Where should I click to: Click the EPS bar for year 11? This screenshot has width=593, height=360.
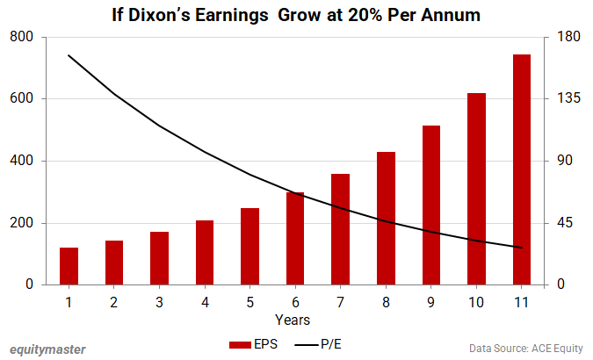(522, 169)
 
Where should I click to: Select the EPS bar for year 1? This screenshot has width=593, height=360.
(69, 266)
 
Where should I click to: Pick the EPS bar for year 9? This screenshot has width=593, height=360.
(431, 205)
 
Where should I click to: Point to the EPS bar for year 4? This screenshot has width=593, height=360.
(205, 252)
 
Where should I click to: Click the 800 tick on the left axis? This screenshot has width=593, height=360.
(23, 37)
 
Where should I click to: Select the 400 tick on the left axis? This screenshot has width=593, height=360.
(23, 161)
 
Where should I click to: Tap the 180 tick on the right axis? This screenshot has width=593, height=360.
(558, 37)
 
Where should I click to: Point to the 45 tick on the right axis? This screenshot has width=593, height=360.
(554, 223)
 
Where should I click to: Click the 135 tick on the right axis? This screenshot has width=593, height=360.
(558, 98)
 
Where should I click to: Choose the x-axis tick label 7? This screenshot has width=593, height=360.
(341, 302)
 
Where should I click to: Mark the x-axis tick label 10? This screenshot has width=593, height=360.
(476, 302)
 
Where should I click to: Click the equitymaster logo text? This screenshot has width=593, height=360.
(47, 349)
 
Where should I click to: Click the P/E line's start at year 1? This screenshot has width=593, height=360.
(69, 55)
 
